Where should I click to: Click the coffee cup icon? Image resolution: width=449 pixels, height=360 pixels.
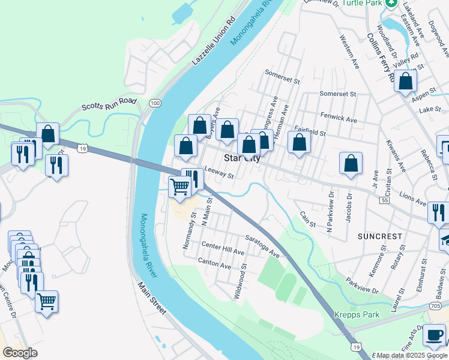point(434,335)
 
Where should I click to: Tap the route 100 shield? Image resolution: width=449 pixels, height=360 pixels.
point(155,104)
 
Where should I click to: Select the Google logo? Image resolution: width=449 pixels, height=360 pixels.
point(20,353)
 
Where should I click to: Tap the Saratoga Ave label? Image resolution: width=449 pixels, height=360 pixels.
point(262,246)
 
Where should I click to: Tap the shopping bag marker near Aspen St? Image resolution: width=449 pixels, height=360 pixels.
point(405,81)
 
